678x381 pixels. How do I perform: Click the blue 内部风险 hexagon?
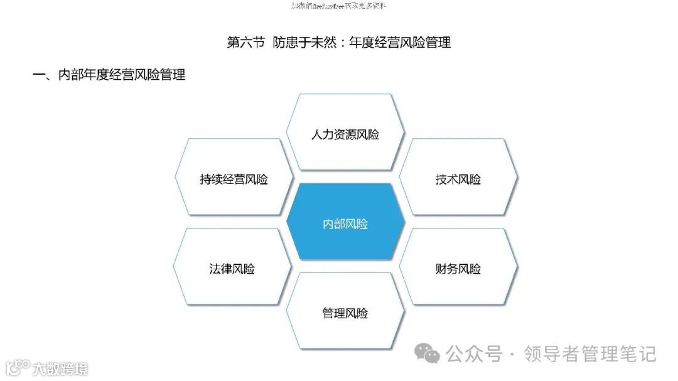pos(345,224)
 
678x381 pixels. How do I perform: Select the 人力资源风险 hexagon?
pos(345,134)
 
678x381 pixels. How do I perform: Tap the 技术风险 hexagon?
pos(458,180)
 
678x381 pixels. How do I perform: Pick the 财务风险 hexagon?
pos(458,269)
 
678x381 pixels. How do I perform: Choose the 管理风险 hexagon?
pos(345,313)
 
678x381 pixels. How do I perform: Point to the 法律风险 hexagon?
pos(232,269)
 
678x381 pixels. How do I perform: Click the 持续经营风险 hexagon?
pos(234,180)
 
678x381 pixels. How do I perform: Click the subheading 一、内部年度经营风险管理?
pos(109,75)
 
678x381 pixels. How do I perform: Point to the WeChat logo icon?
pos(431,355)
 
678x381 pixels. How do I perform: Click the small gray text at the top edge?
pos(339,6)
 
